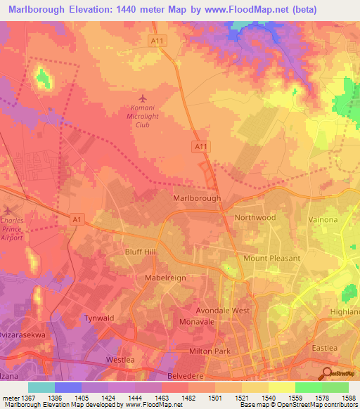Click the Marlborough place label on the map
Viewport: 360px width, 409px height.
[197, 199]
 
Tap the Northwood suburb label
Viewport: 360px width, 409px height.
[255, 218]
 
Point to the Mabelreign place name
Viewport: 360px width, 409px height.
[165, 278]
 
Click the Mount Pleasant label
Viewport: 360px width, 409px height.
[271, 258]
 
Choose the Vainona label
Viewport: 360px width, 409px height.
[323, 220]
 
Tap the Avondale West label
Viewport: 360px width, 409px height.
[223, 310]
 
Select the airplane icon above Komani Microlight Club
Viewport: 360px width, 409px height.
[143, 98]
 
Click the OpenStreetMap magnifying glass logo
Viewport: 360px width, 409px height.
[327, 373]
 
